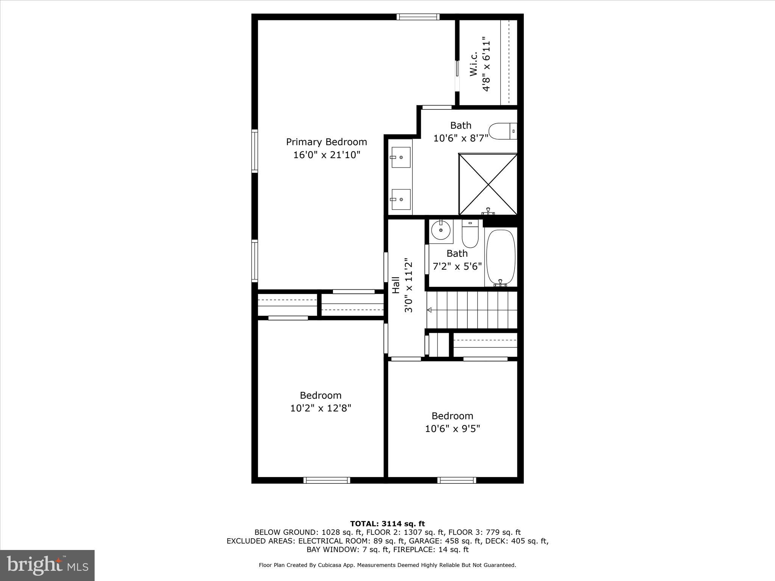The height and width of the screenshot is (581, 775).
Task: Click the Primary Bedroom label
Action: (x=326, y=142)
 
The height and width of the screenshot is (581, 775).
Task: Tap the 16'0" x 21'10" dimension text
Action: (x=326, y=155)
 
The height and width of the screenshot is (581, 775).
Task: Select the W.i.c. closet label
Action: (x=473, y=64)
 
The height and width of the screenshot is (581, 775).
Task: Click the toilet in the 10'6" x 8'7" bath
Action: (x=502, y=131)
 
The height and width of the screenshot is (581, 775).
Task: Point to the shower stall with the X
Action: (x=488, y=184)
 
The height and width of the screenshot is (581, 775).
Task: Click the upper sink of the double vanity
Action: (x=401, y=157)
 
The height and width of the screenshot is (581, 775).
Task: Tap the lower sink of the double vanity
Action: (x=401, y=199)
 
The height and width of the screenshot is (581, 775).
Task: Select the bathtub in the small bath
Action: (x=501, y=257)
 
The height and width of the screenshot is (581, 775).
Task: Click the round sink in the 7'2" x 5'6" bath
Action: (x=441, y=230)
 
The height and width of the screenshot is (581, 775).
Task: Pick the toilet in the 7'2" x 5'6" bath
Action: (x=470, y=235)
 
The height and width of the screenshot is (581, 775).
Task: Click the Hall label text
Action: (x=396, y=285)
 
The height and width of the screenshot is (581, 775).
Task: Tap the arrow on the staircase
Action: (x=430, y=310)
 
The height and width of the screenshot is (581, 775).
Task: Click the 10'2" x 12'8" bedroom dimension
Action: (x=321, y=408)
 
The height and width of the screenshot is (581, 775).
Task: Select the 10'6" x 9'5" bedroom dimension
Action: (x=452, y=429)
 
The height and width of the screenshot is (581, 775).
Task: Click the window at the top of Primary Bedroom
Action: (x=418, y=17)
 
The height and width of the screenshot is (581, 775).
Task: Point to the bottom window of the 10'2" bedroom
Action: (x=327, y=480)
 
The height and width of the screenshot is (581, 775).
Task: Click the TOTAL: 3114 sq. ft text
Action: (x=387, y=524)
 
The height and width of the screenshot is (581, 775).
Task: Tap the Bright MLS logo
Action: (x=47, y=565)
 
